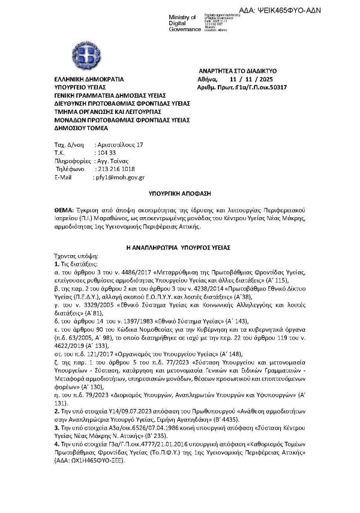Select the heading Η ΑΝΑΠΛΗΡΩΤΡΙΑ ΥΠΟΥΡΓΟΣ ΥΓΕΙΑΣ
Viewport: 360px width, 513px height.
point(179,247)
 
